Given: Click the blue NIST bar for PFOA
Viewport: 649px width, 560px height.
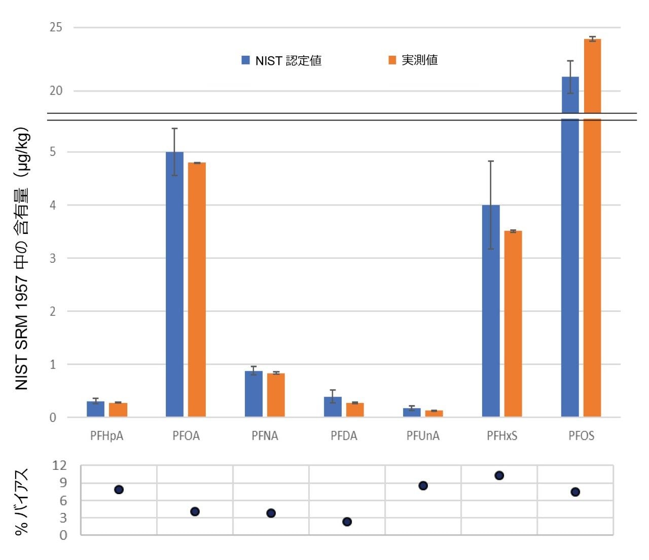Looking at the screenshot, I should pos(174,284).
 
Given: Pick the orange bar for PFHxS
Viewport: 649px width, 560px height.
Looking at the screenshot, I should pos(513,324).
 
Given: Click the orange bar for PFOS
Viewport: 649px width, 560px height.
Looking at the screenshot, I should pos(592,228).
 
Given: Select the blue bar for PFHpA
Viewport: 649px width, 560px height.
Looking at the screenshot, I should pos(95,409).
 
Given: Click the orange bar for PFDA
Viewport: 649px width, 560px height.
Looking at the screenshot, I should pos(355,410).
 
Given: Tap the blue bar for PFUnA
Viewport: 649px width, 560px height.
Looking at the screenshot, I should pos(412,412).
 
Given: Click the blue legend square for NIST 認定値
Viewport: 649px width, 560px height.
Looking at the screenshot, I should pos(246,60).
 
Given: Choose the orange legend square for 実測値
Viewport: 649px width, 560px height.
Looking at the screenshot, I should pos(392,60).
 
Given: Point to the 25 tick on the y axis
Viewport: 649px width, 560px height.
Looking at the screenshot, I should pos(56,27).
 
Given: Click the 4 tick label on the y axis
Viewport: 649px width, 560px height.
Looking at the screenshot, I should pos(53,205).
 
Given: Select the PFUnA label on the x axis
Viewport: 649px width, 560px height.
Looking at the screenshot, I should pos(423,436).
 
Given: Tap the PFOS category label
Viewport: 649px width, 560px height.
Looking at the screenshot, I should pos(581,436).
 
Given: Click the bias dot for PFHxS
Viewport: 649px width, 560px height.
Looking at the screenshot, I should pos(499,475).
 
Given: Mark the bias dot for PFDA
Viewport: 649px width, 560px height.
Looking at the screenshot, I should pos(347,522).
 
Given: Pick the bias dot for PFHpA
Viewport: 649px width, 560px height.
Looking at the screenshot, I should pos(119,490).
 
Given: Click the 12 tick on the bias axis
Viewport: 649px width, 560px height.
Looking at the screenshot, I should pos(59,465).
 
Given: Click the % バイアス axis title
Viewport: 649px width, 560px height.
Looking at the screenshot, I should pos(21,501).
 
